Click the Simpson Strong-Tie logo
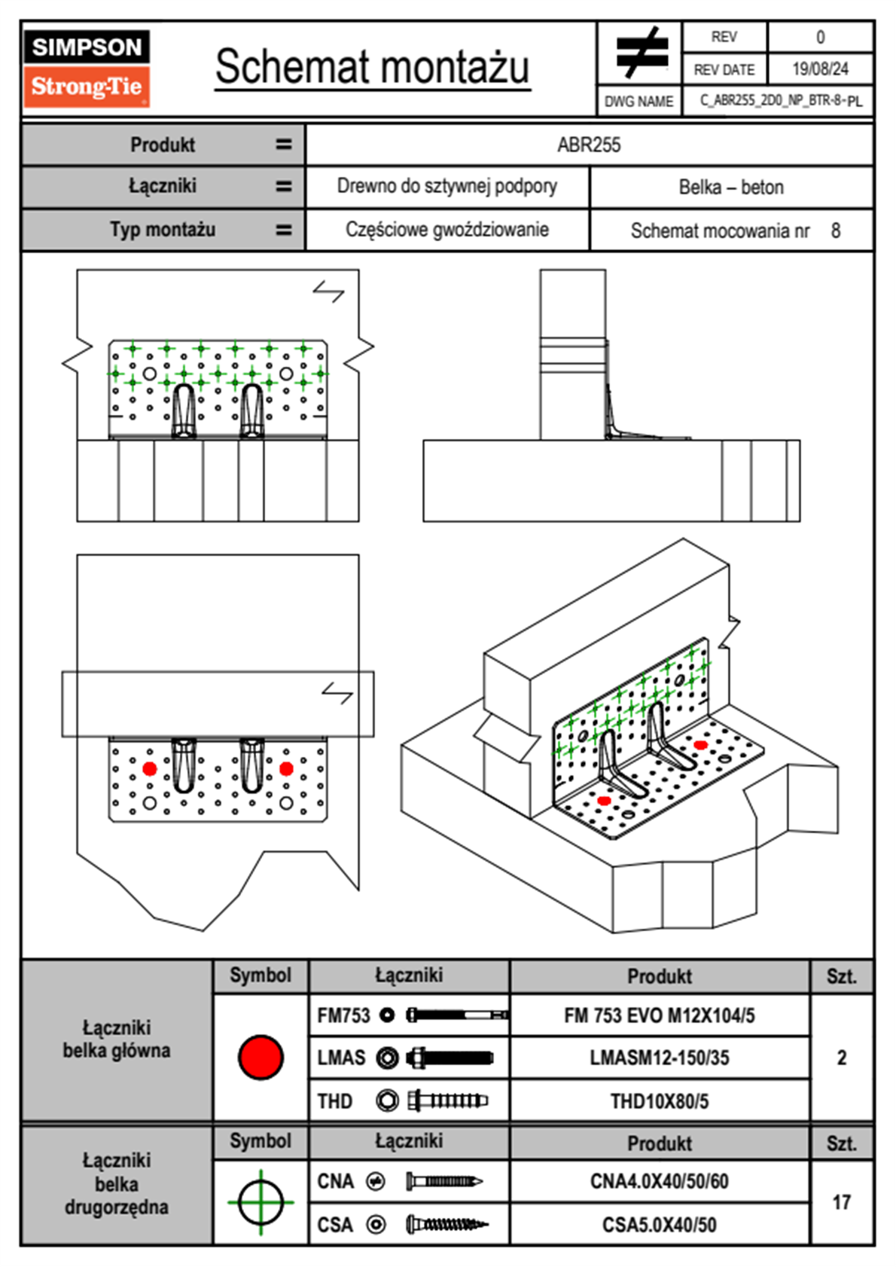(x=86, y=69)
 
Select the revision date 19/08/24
(x=819, y=69)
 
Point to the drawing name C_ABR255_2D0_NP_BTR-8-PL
(x=780, y=100)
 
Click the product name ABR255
(x=589, y=145)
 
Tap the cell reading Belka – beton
(x=731, y=187)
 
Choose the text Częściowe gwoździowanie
(x=446, y=230)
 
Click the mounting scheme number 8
(x=836, y=231)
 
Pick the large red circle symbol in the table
(x=261, y=1057)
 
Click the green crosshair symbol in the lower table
(x=261, y=1202)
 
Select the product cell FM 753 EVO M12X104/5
(x=659, y=1015)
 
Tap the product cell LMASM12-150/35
(x=659, y=1058)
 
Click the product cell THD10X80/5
(x=659, y=1101)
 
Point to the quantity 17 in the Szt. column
(x=841, y=1202)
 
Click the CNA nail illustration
(x=444, y=1181)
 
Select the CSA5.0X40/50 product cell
(x=659, y=1225)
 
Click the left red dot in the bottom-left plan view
(x=149, y=768)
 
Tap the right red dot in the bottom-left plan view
(x=286, y=768)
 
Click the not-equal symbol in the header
(x=641, y=53)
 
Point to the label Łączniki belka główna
(x=117, y=1039)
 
